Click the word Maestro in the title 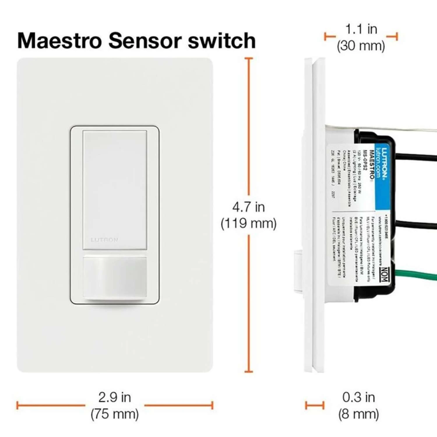coord(60,40)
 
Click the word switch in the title coord(222,40)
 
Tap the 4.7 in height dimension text coord(248,207)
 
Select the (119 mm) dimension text coord(248,224)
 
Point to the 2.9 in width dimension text coord(114,397)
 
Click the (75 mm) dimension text coord(114,414)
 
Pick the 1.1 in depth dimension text coord(361,29)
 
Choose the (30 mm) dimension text coord(361,46)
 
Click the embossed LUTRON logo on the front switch coord(104,240)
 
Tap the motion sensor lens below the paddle coord(115,277)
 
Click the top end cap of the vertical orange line coord(249,59)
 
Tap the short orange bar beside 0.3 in coord(315,405)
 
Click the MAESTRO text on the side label coord(372,165)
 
